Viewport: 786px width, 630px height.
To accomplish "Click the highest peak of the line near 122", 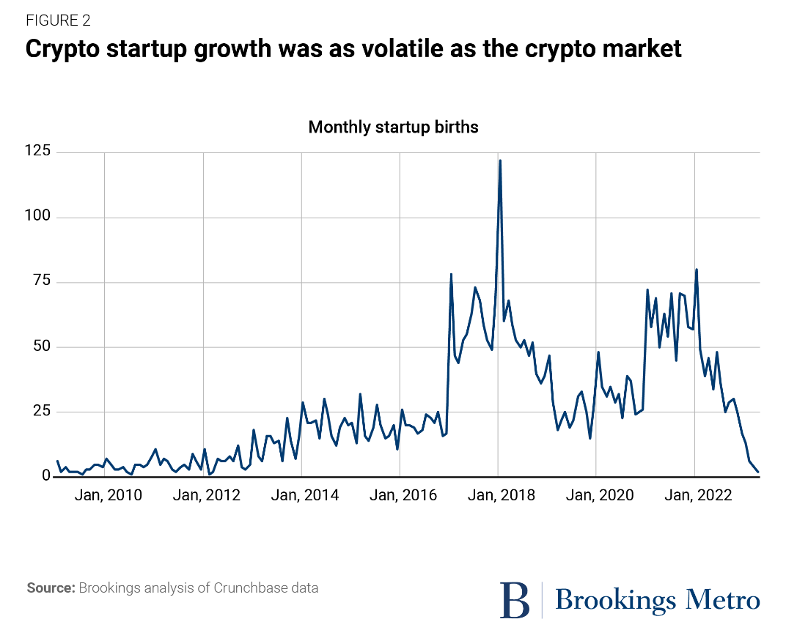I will pyautogui.click(x=500, y=160).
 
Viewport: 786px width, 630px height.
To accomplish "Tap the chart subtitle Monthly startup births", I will pyautogui.click(x=393, y=127).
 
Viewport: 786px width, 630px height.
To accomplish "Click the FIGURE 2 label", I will pyautogui.click(x=59, y=21).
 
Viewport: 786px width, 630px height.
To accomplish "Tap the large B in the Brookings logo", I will pyautogui.click(x=515, y=599).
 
